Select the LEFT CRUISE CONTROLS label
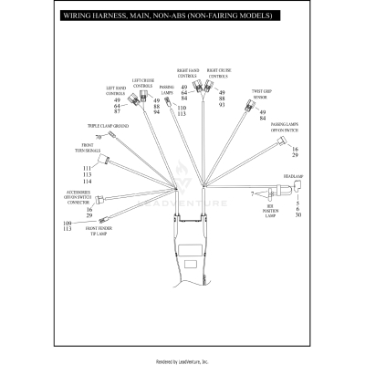pyautogui.click(x=143, y=83)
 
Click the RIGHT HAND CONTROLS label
pyautogui.click(x=187, y=73)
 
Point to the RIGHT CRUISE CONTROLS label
pyautogui.click(x=218, y=73)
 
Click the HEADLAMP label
pyautogui.click(x=292, y=173)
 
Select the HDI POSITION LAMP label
pyautogui.click(x=270, y=212)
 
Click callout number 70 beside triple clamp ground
pyautogui.click(x=98, y=137)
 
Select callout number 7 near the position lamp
pyautogui.click(x=251, y=193)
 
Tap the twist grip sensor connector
pyautogui.click(x=248, y=106)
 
